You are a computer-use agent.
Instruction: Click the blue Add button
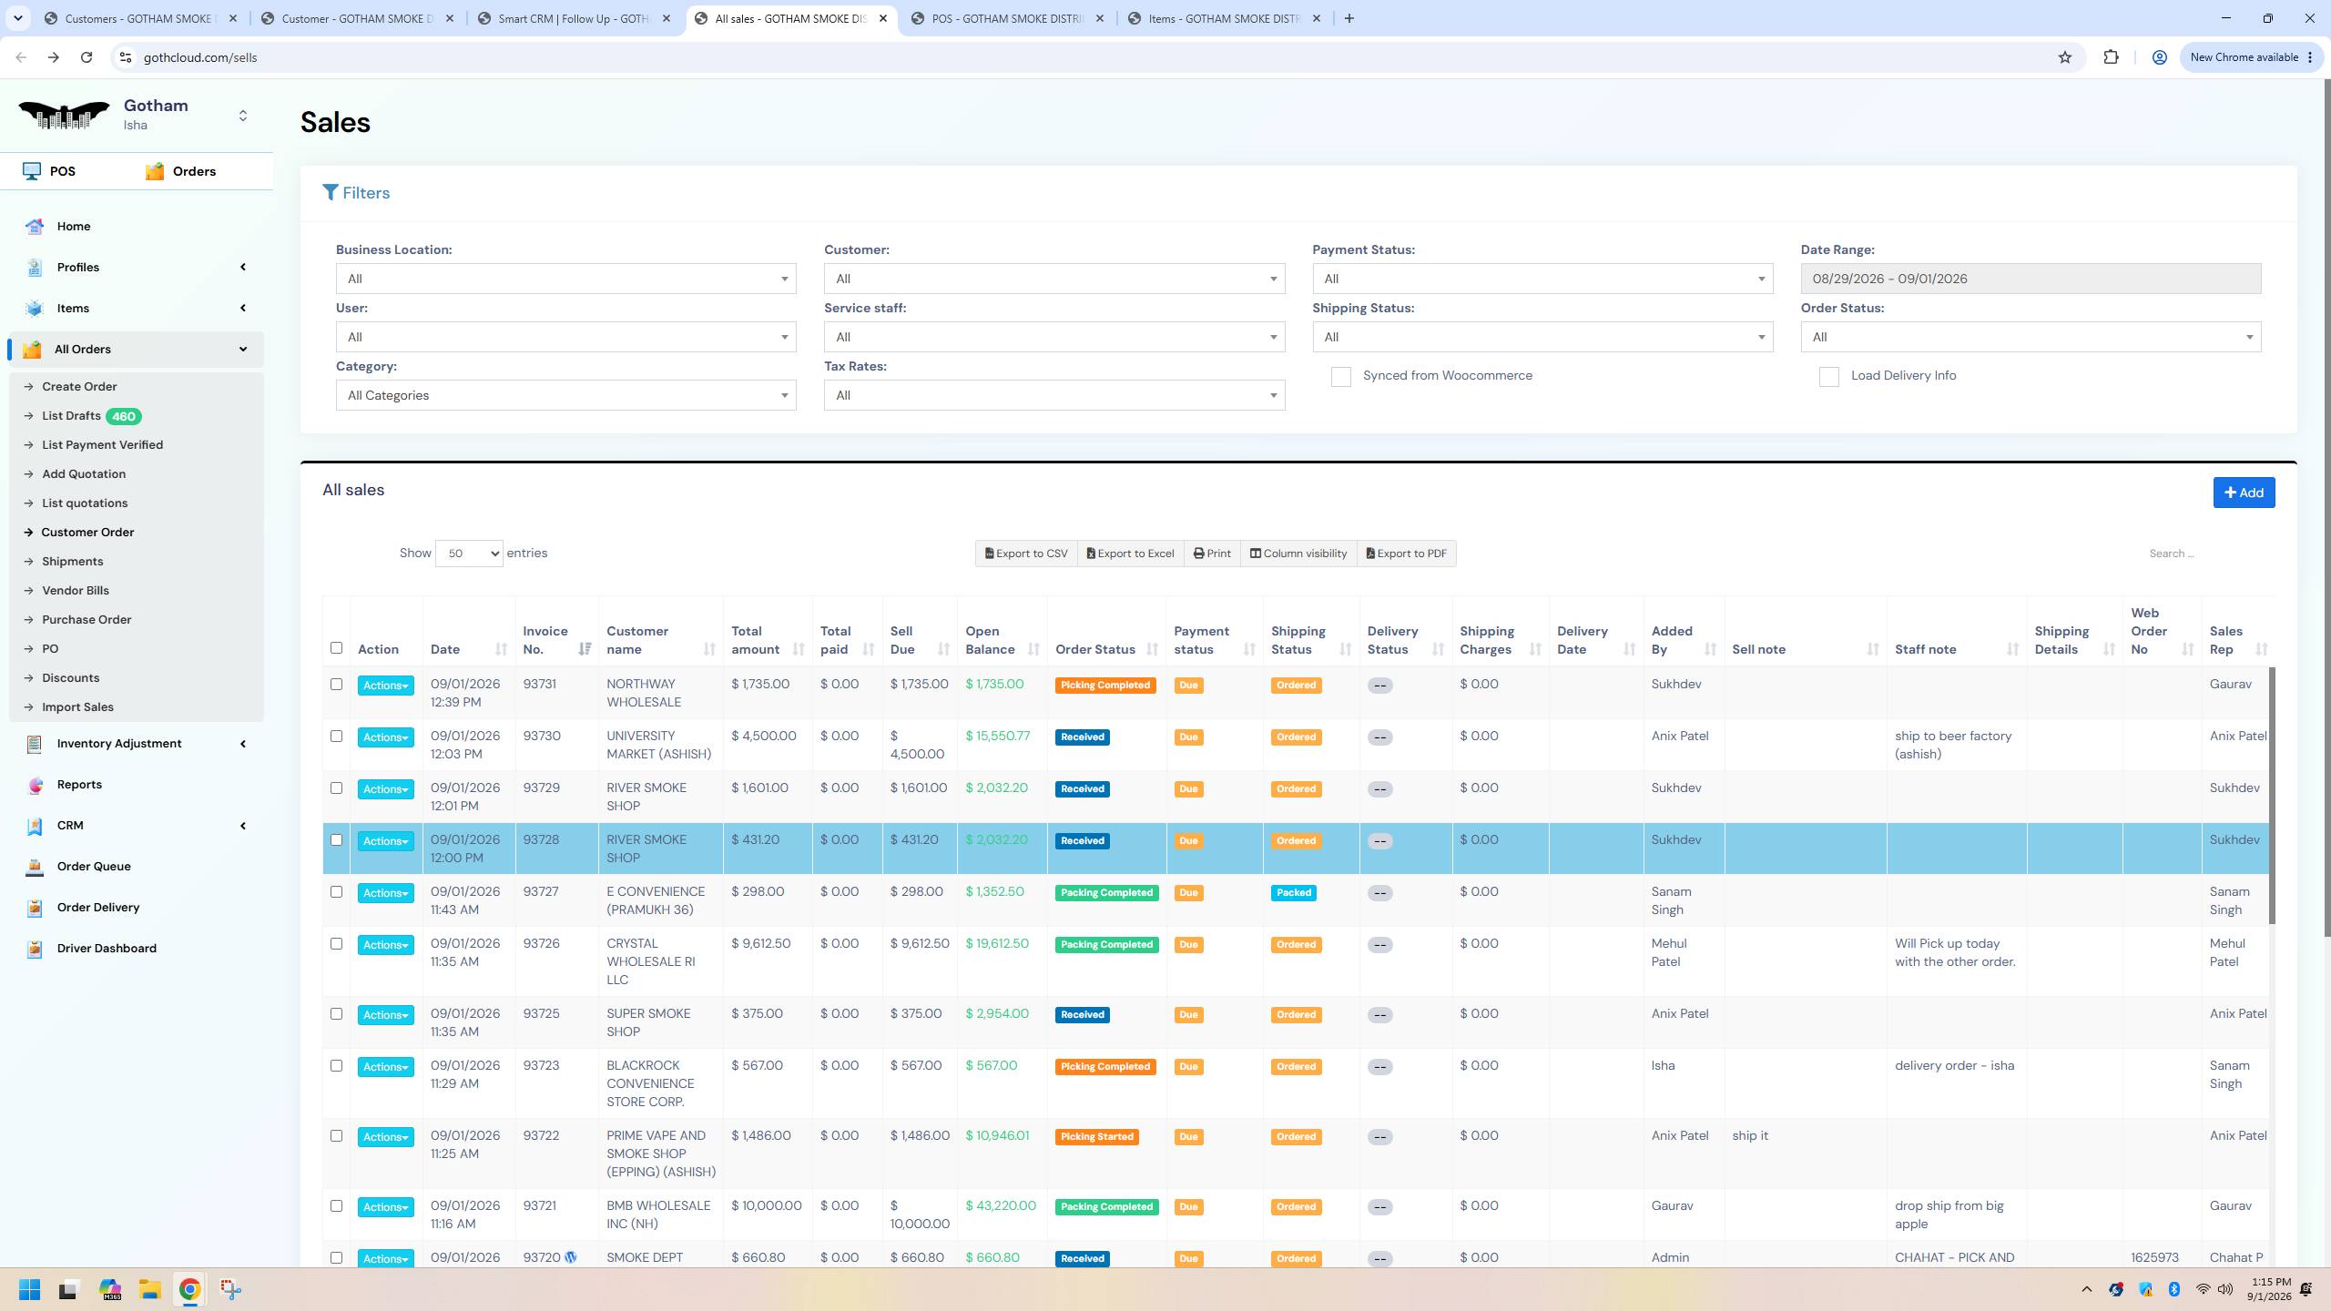click(2244, 493)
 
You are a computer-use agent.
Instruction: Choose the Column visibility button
click(1298, 554)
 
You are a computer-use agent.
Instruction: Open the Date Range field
click(2031, 279)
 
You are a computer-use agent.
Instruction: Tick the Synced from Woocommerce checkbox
click(1340, 377)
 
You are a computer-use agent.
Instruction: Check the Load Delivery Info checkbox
click(1828, 377)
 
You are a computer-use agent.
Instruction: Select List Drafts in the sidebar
click(71, 416)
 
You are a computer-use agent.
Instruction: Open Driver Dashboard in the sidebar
click(107, 949)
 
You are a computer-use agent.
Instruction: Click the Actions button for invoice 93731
click(385, 686)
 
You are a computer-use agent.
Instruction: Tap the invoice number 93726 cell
click(541, 944)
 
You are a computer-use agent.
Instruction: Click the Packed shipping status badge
click(1294, 893)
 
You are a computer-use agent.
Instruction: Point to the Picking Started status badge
click(1096, 1137)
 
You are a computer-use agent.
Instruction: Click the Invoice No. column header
click(545, 640)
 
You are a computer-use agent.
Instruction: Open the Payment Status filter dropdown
click(1542, 279)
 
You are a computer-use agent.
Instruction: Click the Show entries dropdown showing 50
click(469, 554)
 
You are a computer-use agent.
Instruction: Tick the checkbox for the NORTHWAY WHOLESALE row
click(336, 685)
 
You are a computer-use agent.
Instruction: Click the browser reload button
click(87, 57)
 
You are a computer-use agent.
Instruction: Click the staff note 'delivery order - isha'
click(1954, 1066)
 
